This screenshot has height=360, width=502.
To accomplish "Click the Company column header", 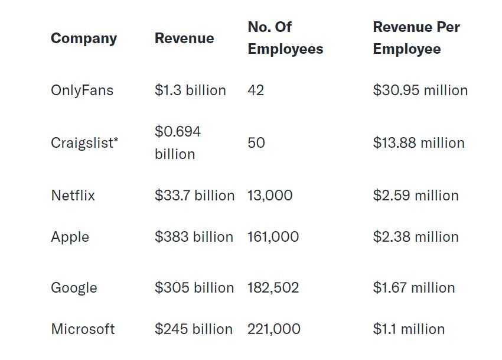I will pos(84,38).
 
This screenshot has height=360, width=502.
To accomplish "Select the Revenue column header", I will pos(184,38).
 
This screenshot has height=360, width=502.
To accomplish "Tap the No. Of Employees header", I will pos(285,38).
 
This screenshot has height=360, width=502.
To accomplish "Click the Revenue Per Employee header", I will pos(416,38).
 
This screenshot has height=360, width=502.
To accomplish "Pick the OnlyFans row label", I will pos(82,90).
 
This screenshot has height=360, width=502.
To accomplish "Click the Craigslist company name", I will pos(82,143).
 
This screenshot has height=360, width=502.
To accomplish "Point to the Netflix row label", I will pos(73,196).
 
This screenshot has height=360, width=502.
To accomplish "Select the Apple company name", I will pos(70,237).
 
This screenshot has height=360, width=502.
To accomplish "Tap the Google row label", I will pos(74,288).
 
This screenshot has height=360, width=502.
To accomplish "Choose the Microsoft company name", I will pos(83,329).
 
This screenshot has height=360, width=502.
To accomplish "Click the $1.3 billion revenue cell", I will pos(190,90).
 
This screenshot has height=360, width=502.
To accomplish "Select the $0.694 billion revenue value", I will pos(178,142).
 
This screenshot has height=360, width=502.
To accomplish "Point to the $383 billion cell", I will pos(194,237).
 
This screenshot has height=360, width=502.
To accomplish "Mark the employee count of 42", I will pos(256,90).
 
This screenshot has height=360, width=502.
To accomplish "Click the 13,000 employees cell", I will pos(270,196).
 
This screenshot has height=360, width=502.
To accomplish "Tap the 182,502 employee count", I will pos(273,288).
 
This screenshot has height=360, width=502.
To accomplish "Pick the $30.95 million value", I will pos(420,90).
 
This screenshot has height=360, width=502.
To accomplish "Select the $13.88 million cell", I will pos(419,143).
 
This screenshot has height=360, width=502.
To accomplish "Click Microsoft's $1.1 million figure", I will pos(409,329).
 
